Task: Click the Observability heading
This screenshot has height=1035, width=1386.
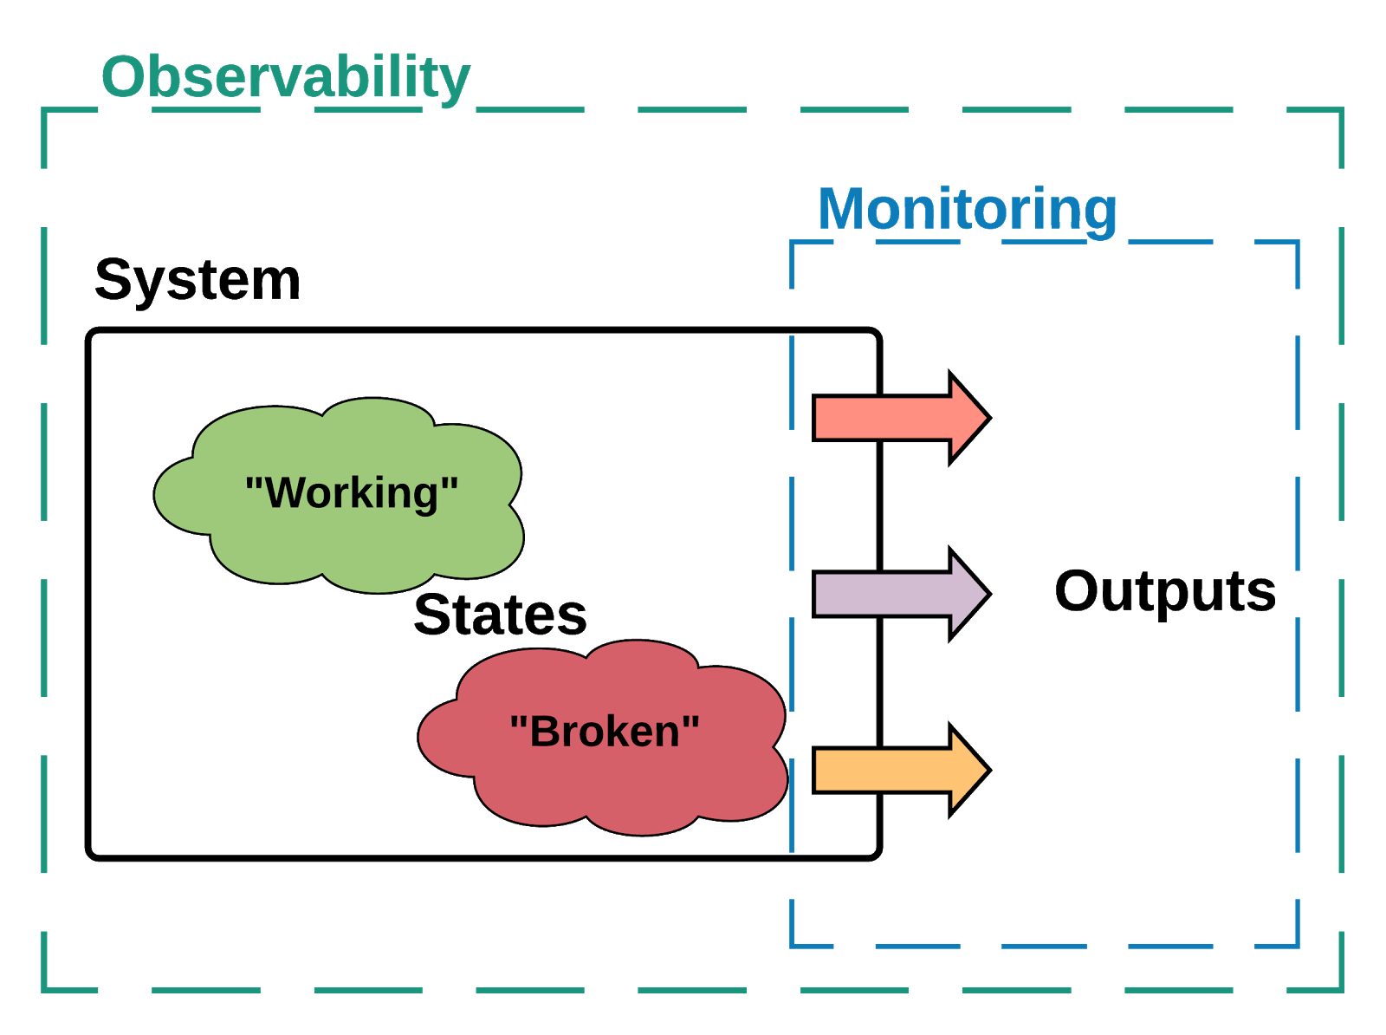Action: tap(286, 77)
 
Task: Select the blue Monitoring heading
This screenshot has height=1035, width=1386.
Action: tap(968, 209)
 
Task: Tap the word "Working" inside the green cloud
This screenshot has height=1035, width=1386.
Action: tap(352, 492)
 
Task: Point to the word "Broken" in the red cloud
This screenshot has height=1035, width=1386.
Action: tap(605, 731)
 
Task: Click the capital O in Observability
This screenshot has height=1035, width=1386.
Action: tap(123, 77)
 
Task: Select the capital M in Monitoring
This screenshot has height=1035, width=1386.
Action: tap(842, 209)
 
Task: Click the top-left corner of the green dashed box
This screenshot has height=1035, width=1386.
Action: tap(44, 110)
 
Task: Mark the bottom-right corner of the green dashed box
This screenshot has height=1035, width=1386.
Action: tap(1341, 989)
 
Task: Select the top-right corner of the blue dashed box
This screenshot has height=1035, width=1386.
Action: tap(1297, 243)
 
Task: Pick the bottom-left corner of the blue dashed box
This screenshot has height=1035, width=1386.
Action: tap(793, 945)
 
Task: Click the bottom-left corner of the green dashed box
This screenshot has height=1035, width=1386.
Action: tap(44, 989)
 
